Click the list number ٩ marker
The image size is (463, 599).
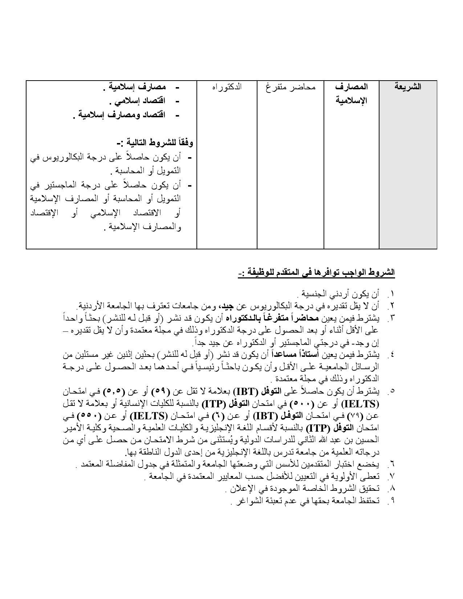click(x=391, y=501)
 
